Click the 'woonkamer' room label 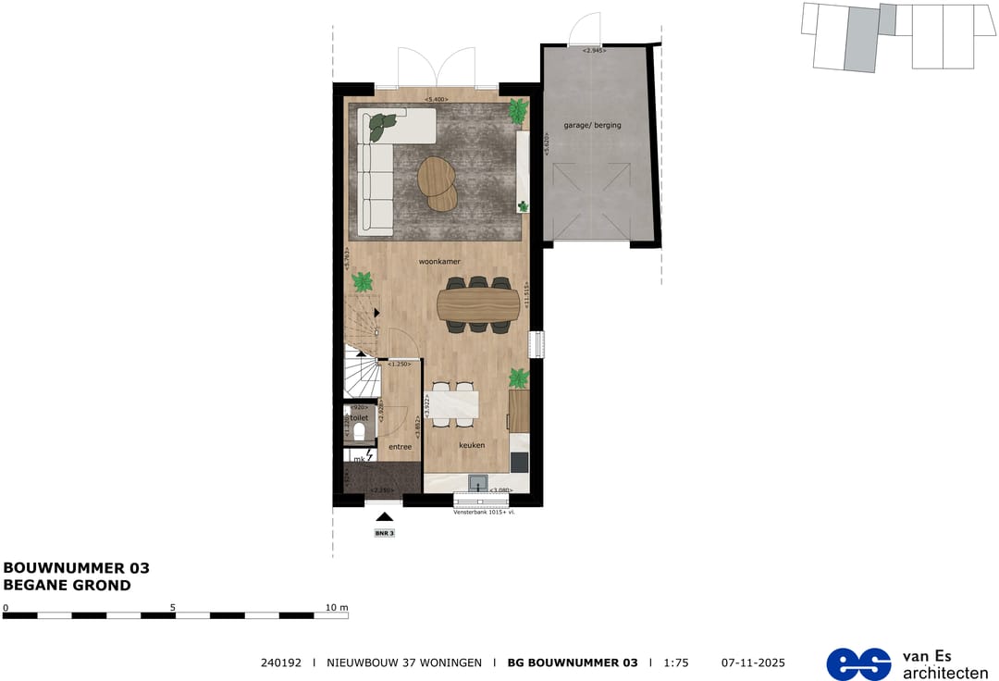click(439, 262)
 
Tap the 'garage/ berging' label click(593, 125)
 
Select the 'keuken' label click(472, 445)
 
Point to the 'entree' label click(400, 447)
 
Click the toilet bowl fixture click(359, 430)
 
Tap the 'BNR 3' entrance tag click(384, 534)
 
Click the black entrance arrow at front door click(384, 517)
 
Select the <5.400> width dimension click(436, 99)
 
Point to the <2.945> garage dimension click(593, 50)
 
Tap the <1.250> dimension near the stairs click(400, 364)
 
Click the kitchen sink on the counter click(477, 482)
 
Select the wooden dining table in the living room click(478, 303)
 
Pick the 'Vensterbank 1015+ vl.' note click(485, 511)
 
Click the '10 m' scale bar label click(337, 608)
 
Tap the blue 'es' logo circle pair click(857, 663)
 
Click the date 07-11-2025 click(753, 662)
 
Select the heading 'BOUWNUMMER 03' click(77, 568)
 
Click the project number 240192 click(281, 662)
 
